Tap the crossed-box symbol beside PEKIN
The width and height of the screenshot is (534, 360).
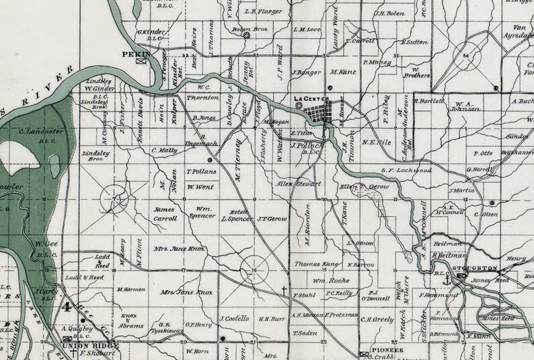tap(141, 60)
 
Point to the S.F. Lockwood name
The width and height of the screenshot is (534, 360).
tap(405, 172)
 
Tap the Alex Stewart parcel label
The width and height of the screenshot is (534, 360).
tap(299, 184)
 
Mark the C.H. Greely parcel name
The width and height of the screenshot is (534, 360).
tap(376, 320)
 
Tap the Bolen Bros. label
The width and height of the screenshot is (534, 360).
tap(245, 30)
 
